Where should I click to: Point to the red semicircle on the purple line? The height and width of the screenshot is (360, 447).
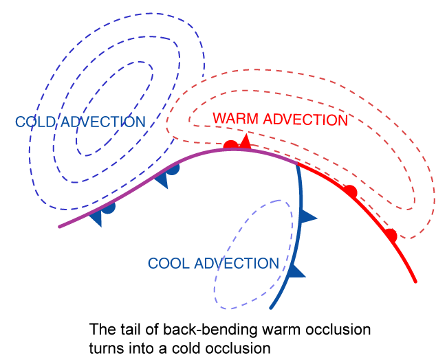click(231, 145)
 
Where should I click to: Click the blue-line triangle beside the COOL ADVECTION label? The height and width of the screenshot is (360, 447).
click(295, 270)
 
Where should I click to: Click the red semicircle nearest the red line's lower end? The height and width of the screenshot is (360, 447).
click(391, 236)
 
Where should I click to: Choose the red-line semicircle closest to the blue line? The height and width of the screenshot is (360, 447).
click(350, 191)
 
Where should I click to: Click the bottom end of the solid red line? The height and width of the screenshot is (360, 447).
click(416, 281)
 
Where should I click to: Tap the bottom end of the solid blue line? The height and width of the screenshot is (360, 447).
click(271, 308)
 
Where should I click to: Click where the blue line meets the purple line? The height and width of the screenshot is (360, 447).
click(297, 164)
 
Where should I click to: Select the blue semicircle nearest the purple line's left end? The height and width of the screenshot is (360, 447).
click(108, 206)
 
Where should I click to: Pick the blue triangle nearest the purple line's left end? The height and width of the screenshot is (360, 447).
click(96, 218)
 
